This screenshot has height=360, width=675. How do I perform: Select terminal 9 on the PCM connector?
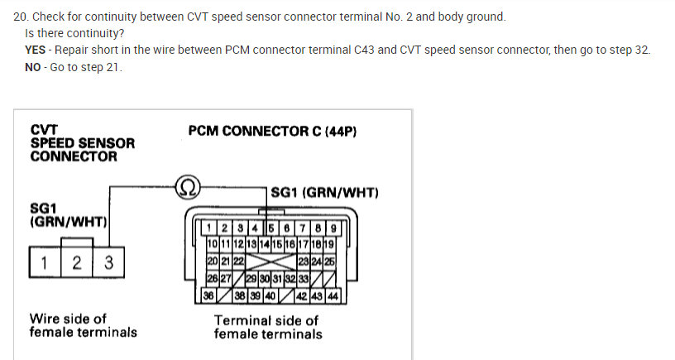click(333, 228)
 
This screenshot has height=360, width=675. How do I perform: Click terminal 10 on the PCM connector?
click(212, 244)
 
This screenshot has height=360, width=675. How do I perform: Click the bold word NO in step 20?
click(35, 67)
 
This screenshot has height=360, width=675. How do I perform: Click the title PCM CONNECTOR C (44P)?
click(272, 131)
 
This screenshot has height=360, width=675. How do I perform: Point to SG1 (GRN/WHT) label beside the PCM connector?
click(324, 193)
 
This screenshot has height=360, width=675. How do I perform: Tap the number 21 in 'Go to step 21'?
click(114, 67)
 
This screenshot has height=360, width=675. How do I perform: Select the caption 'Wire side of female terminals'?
click(83, 325)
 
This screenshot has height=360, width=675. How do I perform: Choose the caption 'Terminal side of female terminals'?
click(268, 327)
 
